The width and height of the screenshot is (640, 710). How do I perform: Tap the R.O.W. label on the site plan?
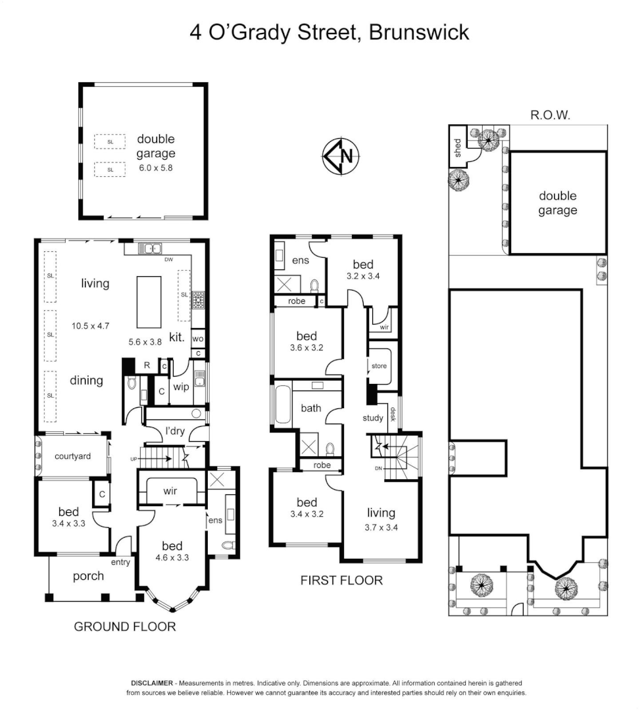tap(549, 115)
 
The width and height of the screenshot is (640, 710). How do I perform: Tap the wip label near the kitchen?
tap(180, 387)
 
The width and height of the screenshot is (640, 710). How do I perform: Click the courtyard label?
tap(72, 456)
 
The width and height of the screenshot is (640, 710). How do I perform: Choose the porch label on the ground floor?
tap(88, 576)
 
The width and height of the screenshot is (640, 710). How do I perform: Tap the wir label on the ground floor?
tap(170, 490)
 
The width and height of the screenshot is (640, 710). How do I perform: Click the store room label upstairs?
tap(380, 366)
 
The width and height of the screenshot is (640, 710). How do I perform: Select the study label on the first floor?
tap(373, 419)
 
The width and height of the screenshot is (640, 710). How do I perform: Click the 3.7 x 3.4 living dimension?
tap(381, 527)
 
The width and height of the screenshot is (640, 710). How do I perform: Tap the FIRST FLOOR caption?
tap(341, 580)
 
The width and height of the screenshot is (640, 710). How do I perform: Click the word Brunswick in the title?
tap(419, 33)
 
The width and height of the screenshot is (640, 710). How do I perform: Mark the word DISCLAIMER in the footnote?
tap(152, 684)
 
